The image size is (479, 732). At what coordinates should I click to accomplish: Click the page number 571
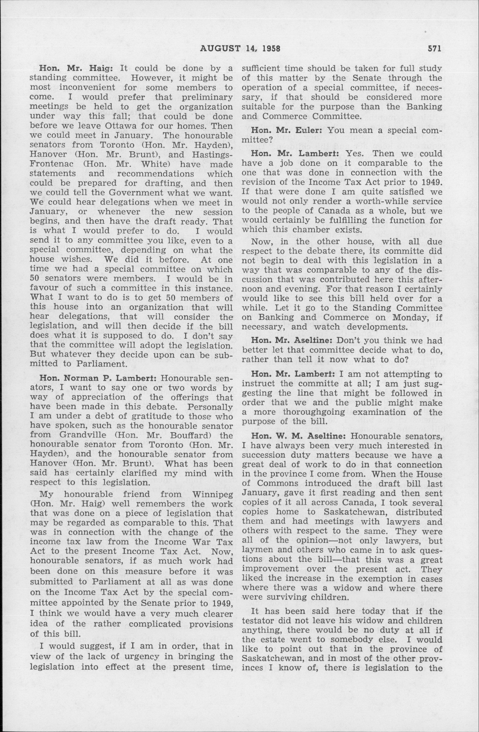click(434, 48)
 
